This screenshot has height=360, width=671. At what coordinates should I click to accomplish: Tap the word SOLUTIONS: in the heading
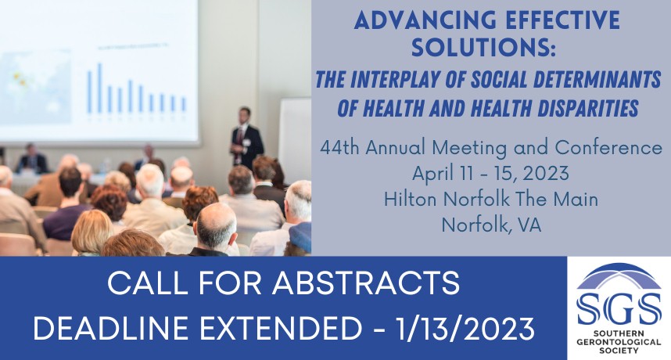[x=483, y=47]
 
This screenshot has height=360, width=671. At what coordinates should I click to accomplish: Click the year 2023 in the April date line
[x=546, y=174]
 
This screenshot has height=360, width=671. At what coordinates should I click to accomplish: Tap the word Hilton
[x=411, y=200]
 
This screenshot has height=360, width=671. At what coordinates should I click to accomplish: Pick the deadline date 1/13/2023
[x=465, y=329]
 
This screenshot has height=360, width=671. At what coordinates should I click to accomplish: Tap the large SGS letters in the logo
[x=619, y=308]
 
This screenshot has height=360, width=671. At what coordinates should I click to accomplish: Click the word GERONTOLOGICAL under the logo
[x=619, y=343]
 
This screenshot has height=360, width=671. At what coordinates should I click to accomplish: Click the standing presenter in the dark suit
[x=246, y=139]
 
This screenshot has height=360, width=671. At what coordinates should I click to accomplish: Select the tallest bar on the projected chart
[x=99, y=88]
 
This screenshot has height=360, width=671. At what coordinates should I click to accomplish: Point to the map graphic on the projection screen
[x=35, y=85]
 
